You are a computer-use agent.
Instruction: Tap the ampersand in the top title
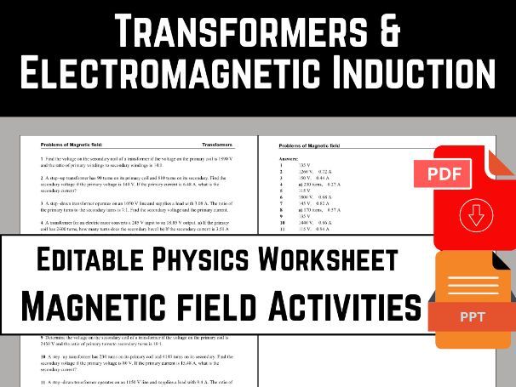point(389,31)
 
